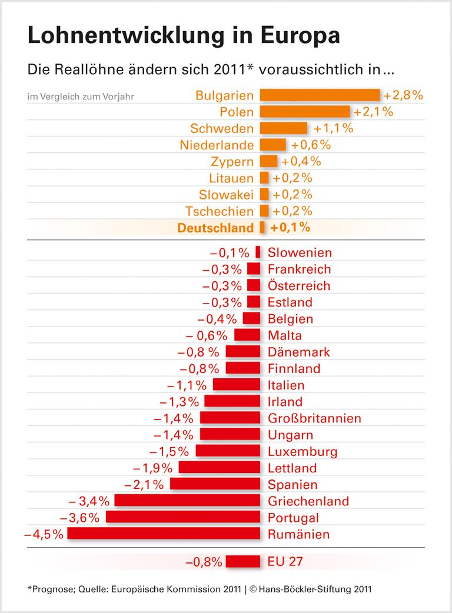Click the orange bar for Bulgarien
[320, 95]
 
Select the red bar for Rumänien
[164, 534]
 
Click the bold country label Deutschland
[215, 228]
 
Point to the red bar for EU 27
[242, 562]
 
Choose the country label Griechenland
[308, 501]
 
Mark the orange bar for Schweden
[283, 128]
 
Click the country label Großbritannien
[314, 418]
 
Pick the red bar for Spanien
[215, 485]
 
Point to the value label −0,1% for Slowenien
[230, 253]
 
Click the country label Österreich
[299, 286]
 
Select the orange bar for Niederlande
[272, 145]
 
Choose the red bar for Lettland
[219, 468]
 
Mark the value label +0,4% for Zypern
[301, 161]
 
